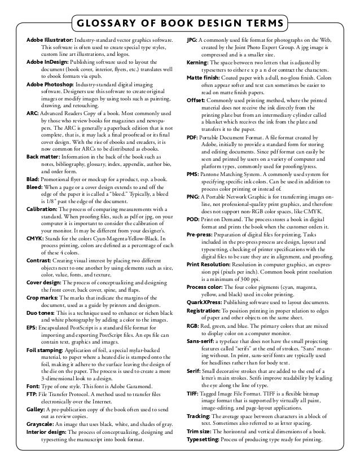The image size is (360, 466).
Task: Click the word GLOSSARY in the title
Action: [112, 24]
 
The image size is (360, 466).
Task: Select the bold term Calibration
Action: [41, 210]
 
